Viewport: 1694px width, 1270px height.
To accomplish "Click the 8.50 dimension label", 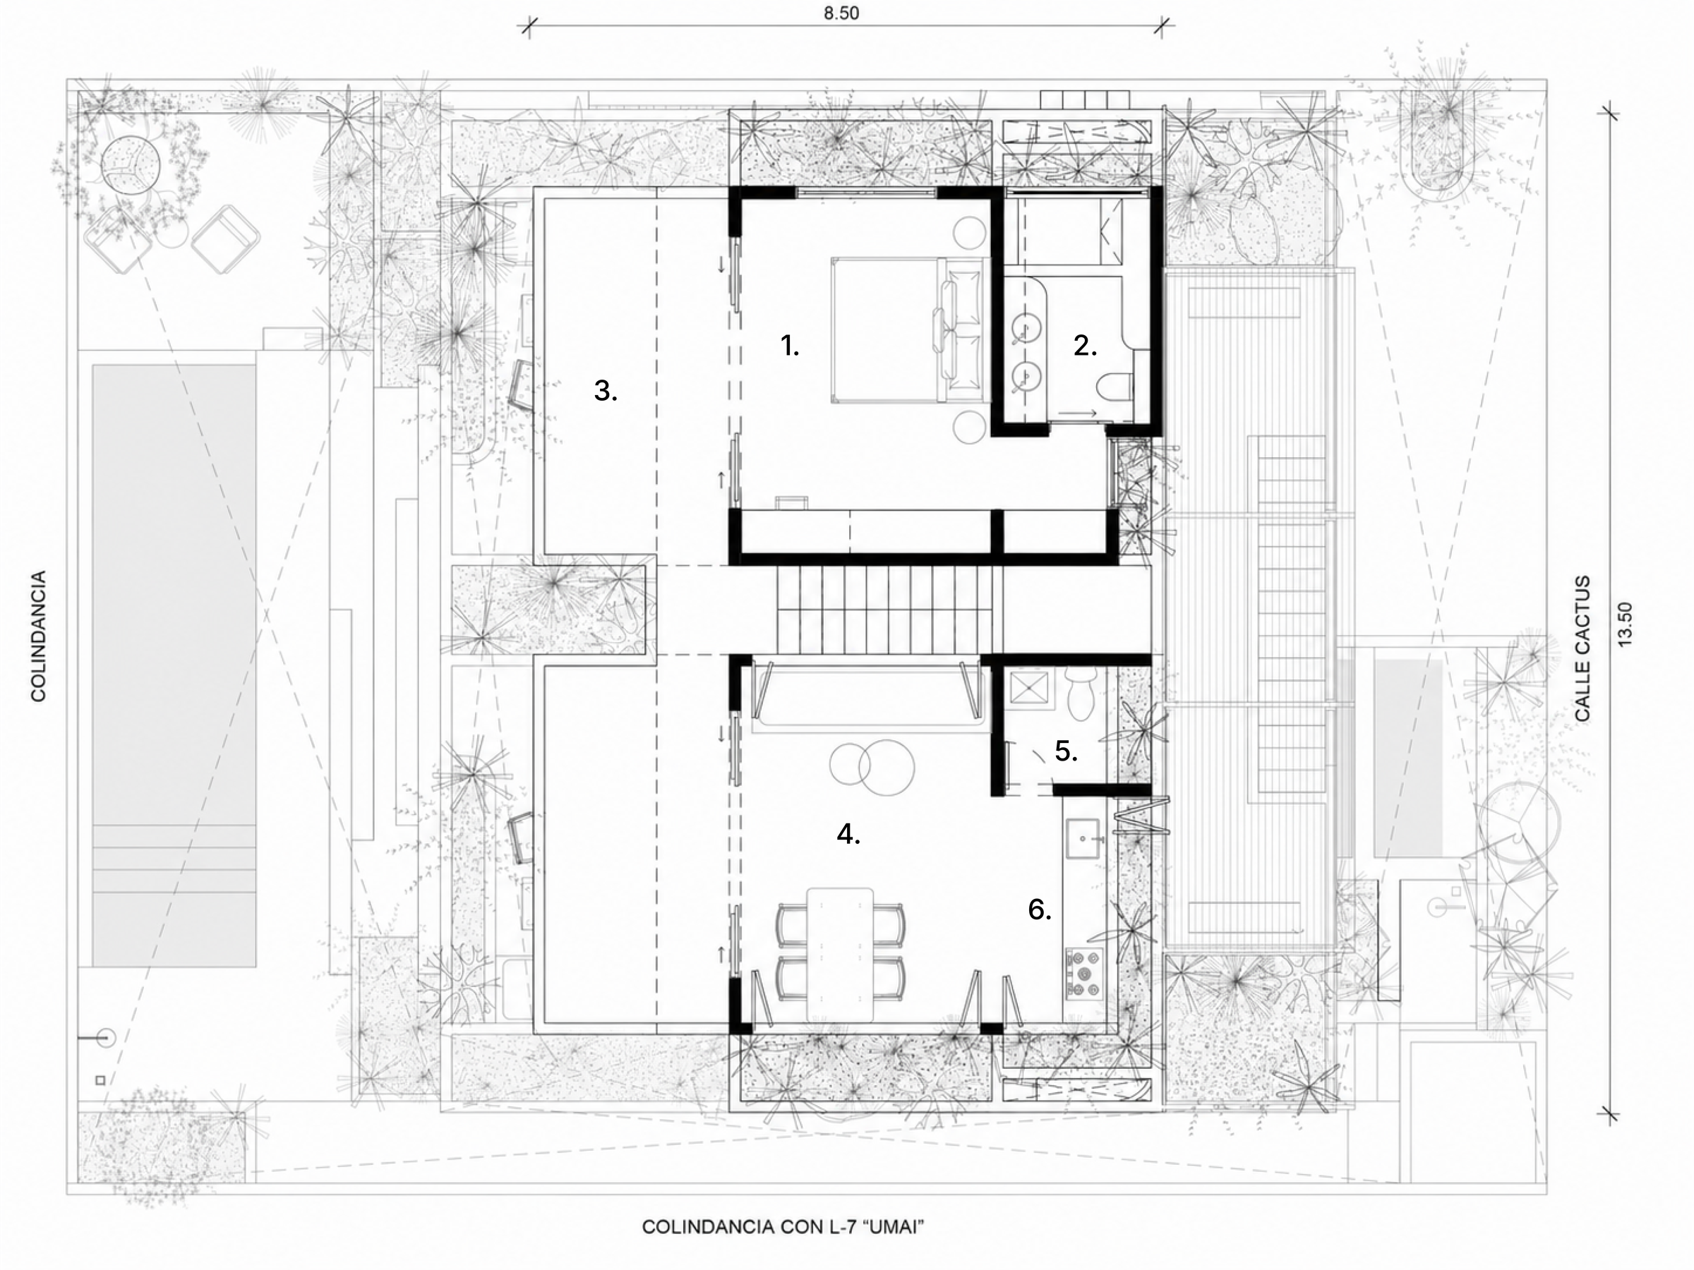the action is tap(841, 14).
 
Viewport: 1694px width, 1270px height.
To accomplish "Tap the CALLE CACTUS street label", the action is tap(1582, 648).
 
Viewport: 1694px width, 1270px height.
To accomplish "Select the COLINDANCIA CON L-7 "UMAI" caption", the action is tap(783, 1227).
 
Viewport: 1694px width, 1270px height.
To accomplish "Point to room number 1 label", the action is tap(790, 345).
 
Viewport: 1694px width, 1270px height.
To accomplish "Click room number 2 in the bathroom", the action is tap(1084, 346).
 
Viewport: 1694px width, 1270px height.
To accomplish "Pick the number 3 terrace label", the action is tap(605, 391).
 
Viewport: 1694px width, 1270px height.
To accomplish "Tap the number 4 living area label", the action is tap(848, 834).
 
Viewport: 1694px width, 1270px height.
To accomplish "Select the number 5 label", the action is tap(1066, 751).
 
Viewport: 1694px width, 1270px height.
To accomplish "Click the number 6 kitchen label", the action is tap(1039, 909).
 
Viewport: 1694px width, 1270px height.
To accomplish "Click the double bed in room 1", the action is tap(908, 330).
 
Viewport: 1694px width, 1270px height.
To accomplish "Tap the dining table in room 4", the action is tap(840, 954).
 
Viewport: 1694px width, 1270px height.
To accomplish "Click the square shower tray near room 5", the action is tap(1024, 687).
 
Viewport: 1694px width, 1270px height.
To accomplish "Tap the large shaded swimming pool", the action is tap(174, 665).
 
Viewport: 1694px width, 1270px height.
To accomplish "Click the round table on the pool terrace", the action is tap(131, 164).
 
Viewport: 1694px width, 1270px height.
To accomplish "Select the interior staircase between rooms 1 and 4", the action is tap(889, 610).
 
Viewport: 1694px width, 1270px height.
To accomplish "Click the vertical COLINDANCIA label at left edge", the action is tap(38, 636).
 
